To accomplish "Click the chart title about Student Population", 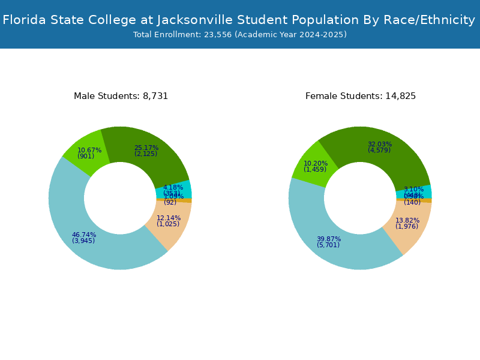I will (239, 20).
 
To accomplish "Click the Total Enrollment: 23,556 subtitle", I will (240, 35).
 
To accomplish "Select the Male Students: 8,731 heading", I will (121, 96).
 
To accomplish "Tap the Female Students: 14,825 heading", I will (361, 96).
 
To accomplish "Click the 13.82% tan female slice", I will (408, 225).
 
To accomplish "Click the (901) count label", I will (86, 157).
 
